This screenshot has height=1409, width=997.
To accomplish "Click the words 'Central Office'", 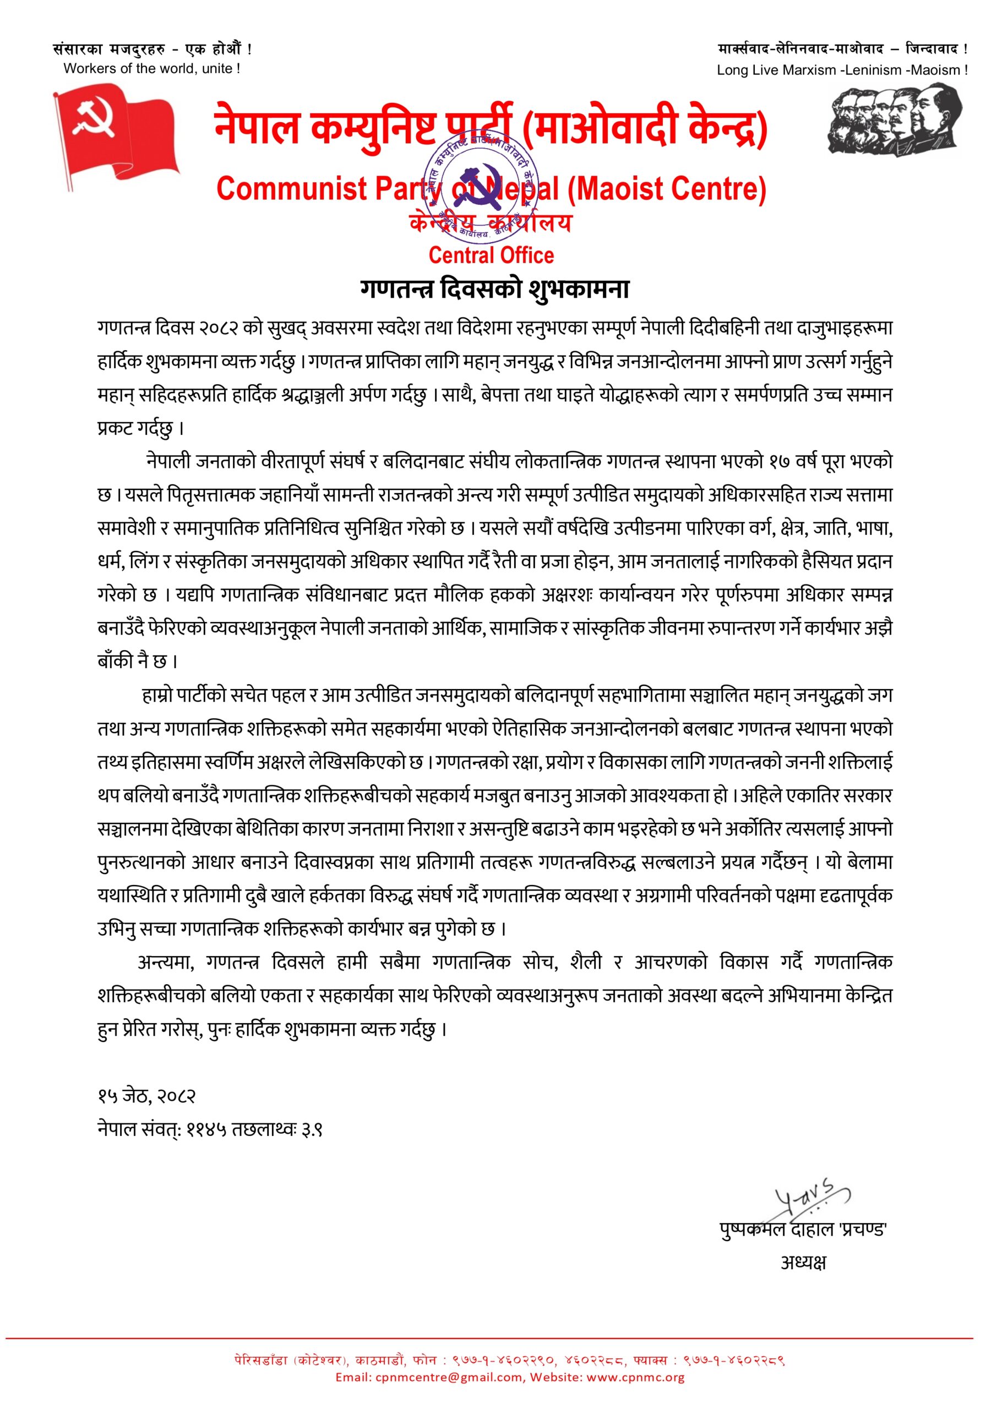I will (x=491, y=255).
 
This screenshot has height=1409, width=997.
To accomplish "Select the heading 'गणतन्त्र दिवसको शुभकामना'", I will (x=495, y=289).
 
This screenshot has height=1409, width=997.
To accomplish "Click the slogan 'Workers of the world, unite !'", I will (x=151, y=69).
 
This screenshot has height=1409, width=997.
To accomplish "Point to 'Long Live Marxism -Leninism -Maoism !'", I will (x=842, y=70).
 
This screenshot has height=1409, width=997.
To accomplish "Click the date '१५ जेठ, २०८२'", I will (x=146, y=1095).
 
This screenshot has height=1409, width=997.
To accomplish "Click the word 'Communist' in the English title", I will (x=292, y=188).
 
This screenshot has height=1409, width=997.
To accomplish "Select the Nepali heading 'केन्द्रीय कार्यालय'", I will (x=490, y=223).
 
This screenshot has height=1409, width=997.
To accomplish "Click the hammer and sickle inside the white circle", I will (x=102, y=118).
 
